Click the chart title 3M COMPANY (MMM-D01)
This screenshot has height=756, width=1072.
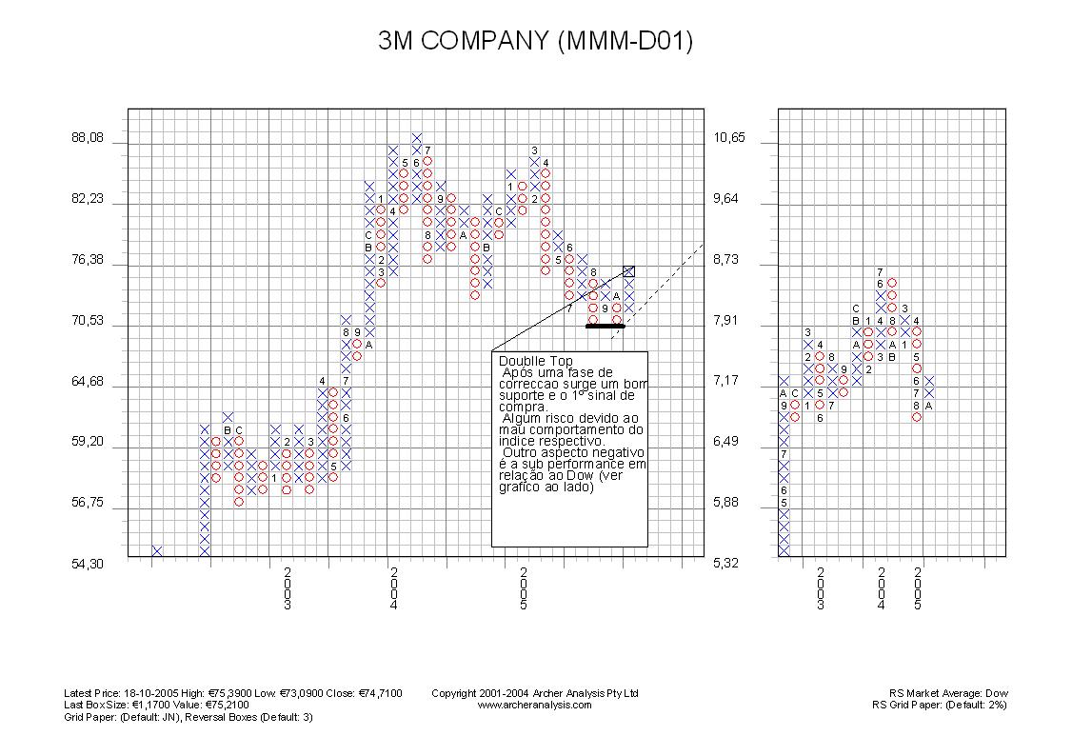(535, 41)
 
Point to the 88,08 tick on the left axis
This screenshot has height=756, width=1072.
(88, 138)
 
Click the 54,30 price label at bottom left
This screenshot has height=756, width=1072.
(88, 564)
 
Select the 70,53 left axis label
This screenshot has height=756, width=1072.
(88, 321)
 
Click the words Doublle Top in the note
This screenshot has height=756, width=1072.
(535, 362)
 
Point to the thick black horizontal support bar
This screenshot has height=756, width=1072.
(605, 326)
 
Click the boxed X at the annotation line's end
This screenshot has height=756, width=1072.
(629, 271)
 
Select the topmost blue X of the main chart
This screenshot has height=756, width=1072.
(417, 138)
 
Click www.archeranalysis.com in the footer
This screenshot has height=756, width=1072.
(534, 705)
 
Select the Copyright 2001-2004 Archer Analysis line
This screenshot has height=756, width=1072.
(534, 693)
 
